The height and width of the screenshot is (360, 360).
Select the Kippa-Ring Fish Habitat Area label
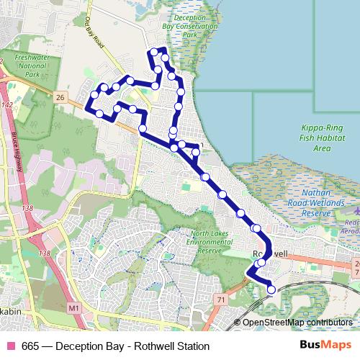point(322,138)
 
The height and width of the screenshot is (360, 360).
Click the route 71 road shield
point(221,299)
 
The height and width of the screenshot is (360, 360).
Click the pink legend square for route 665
point(9,346)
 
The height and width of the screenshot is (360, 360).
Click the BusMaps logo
point(325,346)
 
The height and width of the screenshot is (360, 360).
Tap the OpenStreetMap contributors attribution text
point(297,323)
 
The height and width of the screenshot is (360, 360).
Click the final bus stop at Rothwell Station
point(271,289)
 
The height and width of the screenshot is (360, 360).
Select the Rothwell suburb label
point(271,255)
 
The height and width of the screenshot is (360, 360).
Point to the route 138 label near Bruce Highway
point(28,208)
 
